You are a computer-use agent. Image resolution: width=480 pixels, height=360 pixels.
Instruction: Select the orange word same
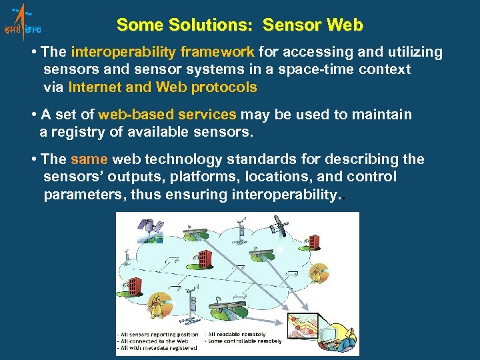[89, 159]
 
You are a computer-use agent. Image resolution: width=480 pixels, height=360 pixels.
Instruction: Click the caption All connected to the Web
[157, 341]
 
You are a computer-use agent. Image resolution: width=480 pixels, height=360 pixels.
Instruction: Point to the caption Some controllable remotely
[244, 341]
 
